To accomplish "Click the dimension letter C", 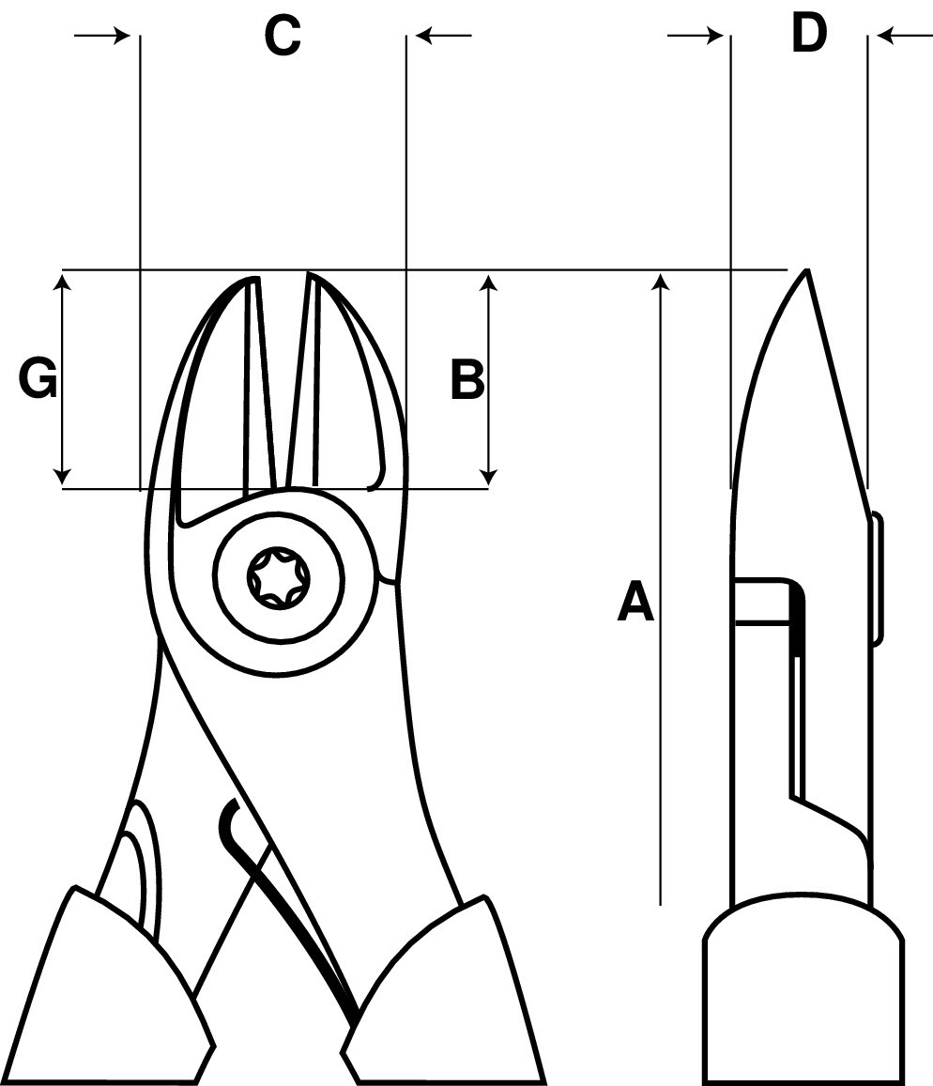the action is point(283,36).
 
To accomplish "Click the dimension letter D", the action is point(809,33).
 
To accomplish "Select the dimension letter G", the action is point(38,379).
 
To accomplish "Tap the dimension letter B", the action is point(467,379).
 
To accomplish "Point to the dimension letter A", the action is point(635,602).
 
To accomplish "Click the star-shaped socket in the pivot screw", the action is point(279,577).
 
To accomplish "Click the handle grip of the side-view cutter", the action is point(803,990).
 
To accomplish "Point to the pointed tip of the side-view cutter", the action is point(805,270).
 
